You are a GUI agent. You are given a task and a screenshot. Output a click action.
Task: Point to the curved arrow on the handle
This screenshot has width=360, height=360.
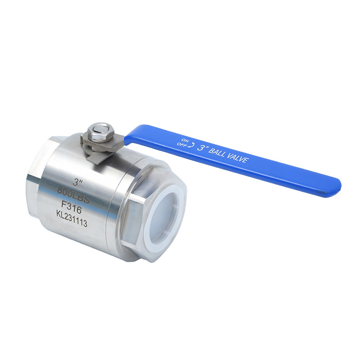191,144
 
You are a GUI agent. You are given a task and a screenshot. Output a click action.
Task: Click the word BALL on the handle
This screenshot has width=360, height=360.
217,153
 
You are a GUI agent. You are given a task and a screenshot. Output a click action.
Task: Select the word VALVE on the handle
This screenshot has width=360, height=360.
238,158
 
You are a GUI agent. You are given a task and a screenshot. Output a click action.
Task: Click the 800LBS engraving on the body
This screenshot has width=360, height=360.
73,195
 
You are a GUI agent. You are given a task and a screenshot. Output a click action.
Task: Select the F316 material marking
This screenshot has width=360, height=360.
71,208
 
